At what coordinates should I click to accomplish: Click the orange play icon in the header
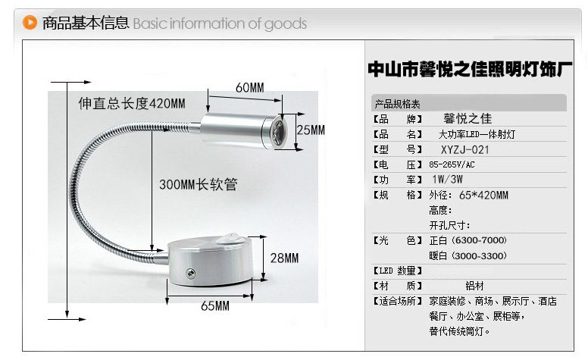click(x=30, y=23)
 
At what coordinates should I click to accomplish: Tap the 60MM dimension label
click(x=250, y=88)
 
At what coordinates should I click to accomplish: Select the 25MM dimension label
click(x=311, y=130)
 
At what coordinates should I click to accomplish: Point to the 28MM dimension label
click(x=285, y=258)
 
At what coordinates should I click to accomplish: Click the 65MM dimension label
click(x=215, y=306)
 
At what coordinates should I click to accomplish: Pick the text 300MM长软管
click(x=198, y=184)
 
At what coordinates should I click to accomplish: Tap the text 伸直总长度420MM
click(x=132, y=104)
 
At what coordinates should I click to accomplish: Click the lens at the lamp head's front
click(x=279, y=132)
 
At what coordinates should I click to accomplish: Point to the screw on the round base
click(x=190, y=273)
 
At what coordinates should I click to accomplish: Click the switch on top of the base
click(x=230, y=238)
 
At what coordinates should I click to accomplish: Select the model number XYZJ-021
click(x=465, y=150)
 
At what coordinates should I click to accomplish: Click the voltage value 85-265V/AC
click(x=452, y=164)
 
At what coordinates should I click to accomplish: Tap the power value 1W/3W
click(x=447, y=180)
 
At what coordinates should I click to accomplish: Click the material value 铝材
click(x=475, y=286)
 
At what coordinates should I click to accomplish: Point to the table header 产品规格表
click(x=398, y=104)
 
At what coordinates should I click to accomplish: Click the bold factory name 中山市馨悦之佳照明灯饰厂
click(x=471, y=70)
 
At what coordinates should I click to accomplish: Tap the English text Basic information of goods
click(x=220, y=23)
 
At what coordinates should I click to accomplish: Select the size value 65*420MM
click(x=483, y=196)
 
